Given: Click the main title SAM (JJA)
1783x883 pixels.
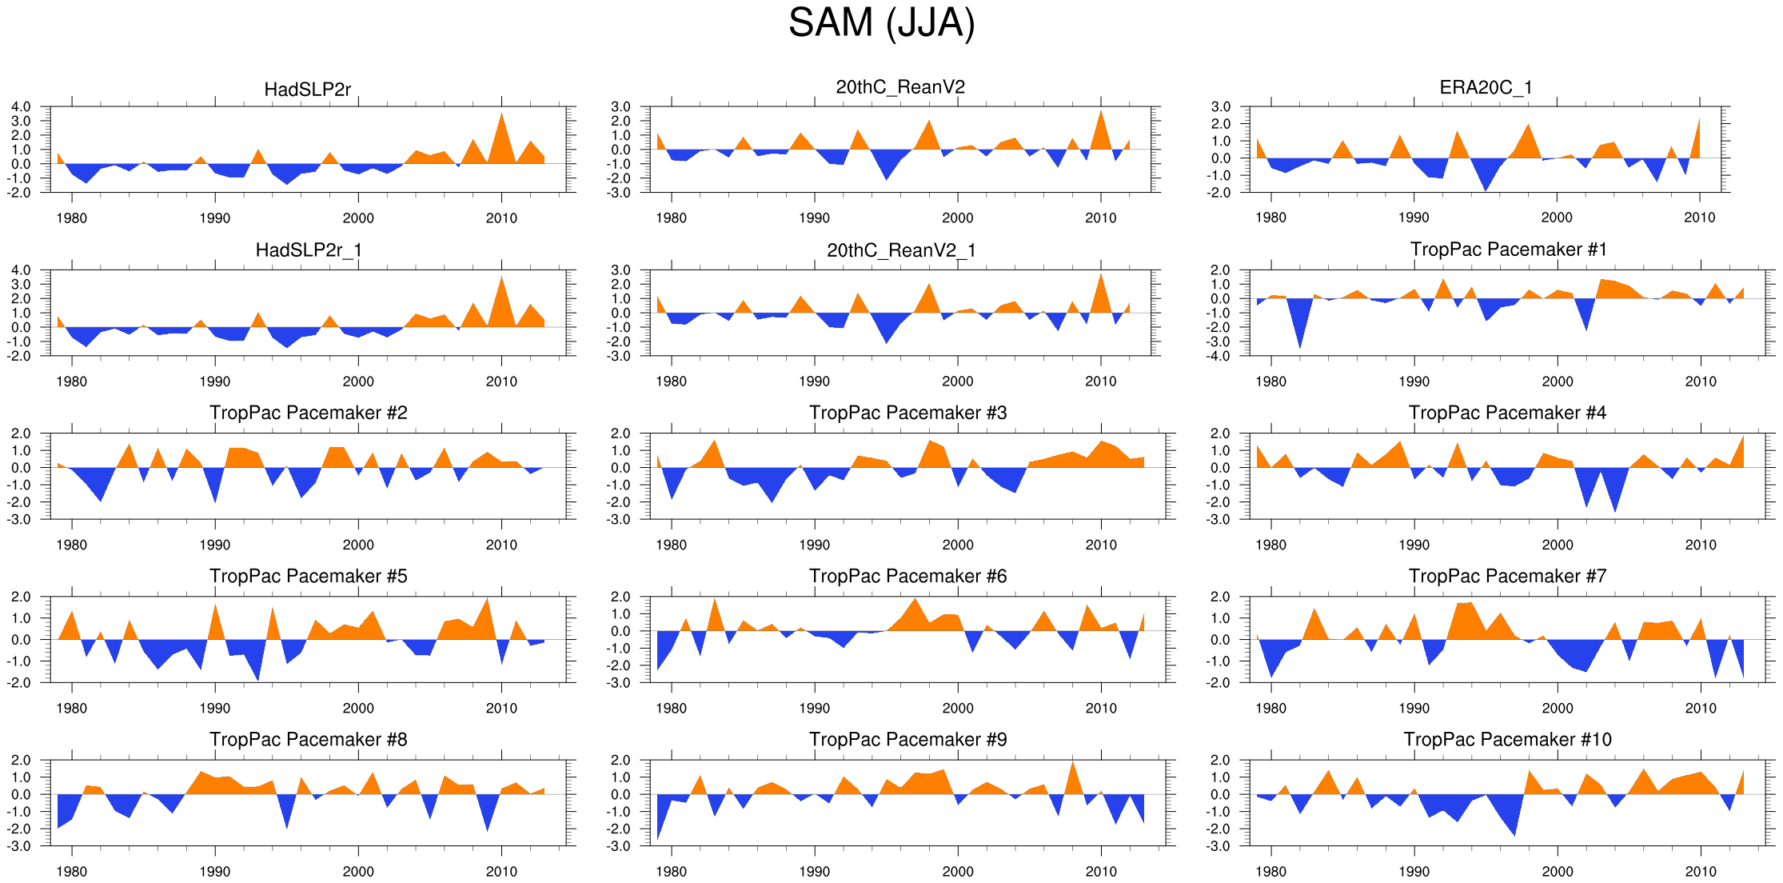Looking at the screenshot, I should (x=881, y=23).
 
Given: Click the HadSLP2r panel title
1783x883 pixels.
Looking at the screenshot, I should (x=308, y=90).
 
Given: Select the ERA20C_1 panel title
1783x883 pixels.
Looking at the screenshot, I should (x=1486, y=87).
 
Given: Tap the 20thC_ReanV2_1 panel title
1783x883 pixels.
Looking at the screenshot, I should (x=901, y=250).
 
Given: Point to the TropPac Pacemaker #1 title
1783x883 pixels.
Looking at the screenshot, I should (x=1508, y=250).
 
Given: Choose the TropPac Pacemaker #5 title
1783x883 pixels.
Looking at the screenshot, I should (x=308, y=576).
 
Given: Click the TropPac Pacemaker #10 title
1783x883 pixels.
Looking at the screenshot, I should (x=1507, y=739).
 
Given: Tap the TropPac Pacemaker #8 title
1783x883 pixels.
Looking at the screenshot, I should (x=308, y=739).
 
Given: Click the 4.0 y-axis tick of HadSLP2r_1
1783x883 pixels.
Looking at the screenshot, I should (x=21, y=270).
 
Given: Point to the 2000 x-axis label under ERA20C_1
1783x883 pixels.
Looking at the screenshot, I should (x=1557, y=218).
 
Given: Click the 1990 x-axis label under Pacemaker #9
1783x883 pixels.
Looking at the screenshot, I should (x=814, y=871).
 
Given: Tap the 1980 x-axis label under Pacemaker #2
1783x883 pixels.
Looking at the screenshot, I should (x=71, y=545).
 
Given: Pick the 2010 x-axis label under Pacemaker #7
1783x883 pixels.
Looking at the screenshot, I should (x=1700, y=708).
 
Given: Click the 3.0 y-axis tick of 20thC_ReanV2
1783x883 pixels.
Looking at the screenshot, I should (x=620, y=107).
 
